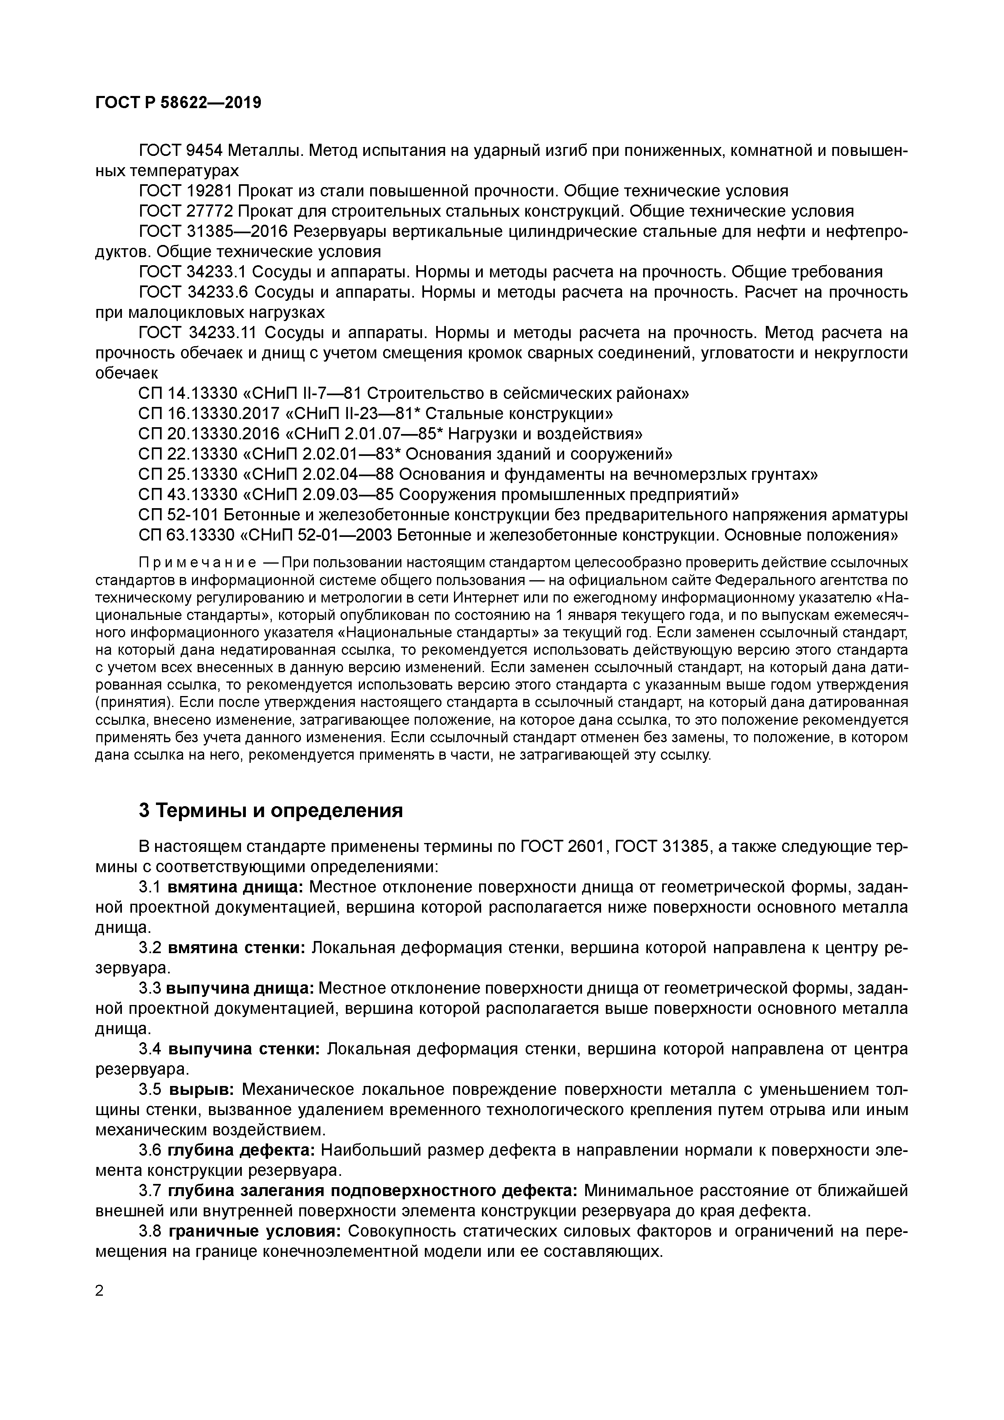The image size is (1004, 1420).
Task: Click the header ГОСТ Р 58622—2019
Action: click(x=178, y=103)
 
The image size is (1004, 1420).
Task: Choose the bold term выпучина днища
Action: click(x=241, y=988)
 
